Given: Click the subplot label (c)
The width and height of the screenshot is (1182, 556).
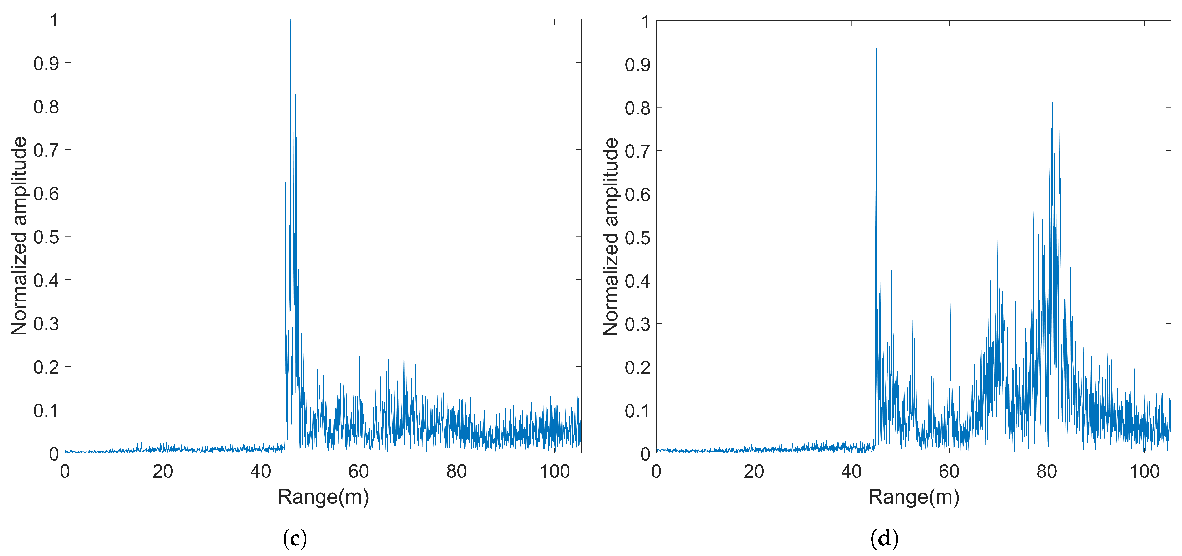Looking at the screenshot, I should click(x=295, y=539).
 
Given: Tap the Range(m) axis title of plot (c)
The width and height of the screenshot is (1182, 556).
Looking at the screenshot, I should click(x=323, y=497).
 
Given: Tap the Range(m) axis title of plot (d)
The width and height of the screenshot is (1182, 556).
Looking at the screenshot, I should click(x=914, y=497).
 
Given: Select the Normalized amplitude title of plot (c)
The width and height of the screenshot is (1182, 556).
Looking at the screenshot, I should click(x=19, y=236).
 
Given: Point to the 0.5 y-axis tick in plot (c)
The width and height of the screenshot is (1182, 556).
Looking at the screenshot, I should click(x=46, y=237).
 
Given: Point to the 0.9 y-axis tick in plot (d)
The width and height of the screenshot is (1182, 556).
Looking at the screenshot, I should click(x=637, y=65).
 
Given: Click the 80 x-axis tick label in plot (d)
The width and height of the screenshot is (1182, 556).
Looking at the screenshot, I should click(x=1047, y=471).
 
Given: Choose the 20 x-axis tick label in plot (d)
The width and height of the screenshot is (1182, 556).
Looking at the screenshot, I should click(x=754, y=471).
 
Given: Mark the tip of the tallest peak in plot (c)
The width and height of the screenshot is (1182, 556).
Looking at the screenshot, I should click(x=290, y=20).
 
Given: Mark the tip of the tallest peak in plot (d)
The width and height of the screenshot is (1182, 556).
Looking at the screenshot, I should click(x=1053, y=21).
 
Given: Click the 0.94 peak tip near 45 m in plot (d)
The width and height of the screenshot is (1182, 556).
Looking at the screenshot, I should click(x=876, y=48).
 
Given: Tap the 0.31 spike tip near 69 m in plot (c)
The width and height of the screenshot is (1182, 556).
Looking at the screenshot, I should click(x=404, y=318).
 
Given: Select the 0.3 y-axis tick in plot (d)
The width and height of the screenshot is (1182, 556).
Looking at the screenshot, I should click(x=637, y=324).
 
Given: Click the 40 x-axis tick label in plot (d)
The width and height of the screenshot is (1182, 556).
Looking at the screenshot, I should click(x=851, y=471).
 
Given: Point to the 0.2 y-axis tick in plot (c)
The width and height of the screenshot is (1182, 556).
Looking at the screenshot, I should click(x=46, y=367).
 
